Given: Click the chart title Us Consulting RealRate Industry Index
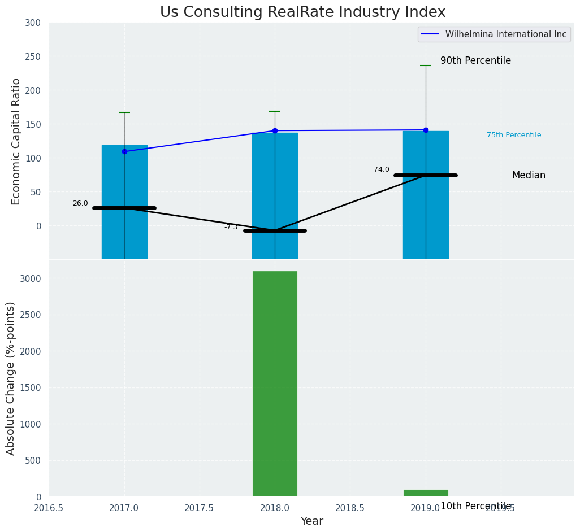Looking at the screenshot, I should point(302,12).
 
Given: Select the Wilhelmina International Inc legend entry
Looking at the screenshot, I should point(505,34).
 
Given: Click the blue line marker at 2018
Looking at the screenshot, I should point(275,130).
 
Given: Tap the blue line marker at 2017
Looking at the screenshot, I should point(124,151).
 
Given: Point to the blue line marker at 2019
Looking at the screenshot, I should point(426,130).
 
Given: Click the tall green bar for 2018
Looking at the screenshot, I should point(275,383).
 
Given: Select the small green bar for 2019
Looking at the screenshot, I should point(426,493).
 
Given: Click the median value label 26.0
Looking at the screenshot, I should point(80,203).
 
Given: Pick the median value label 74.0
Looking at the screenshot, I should point(382,169).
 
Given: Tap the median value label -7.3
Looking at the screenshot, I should point(231,227).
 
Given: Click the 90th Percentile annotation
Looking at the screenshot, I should point(475,60).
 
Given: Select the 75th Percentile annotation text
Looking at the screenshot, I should point(514,135).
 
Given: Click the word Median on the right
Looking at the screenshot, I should point(529,175).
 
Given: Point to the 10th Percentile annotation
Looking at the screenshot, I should point(475,506).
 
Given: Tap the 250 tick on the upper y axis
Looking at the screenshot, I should point(33,56).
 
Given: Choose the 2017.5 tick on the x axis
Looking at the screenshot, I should point(200,508).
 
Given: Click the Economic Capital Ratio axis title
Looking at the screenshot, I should point(16,141).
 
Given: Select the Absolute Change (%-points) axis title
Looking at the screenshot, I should point(11,378).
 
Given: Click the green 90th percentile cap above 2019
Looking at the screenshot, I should point(426,66).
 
